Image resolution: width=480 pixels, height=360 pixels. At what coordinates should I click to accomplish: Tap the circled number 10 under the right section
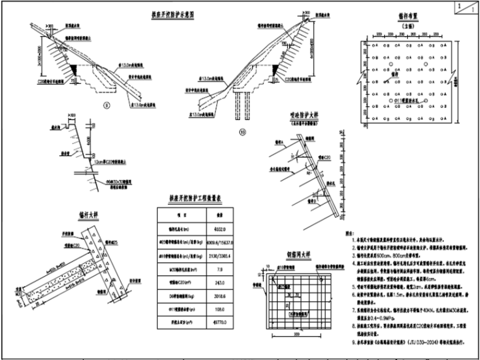click(242, 133)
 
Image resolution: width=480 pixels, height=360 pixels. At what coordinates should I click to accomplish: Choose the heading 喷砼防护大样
click(303, 116)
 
